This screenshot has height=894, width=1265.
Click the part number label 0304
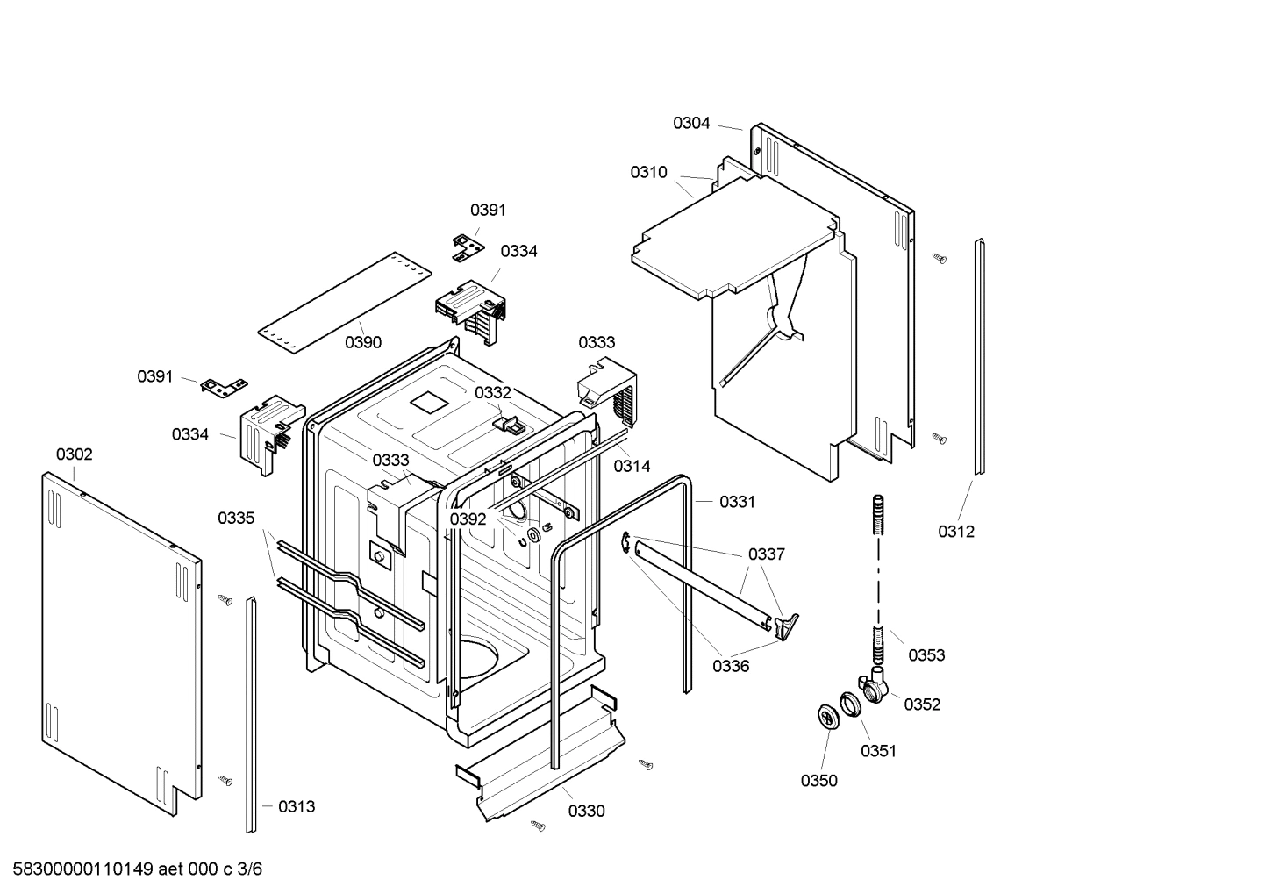(x=691, y=124)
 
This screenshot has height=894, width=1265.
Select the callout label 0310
(x=648, y=173)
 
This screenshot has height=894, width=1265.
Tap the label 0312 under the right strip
(x=955, y=532)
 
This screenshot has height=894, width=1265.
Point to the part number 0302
(x=74, y=454)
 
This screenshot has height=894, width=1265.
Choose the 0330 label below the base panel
(x=586, y=812)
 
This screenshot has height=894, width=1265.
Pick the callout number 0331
(x=737, y=502)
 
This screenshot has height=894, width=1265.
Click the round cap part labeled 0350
(x=826, y=715)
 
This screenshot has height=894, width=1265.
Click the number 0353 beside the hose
(x=926, y=655)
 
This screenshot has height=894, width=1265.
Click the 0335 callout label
(x=236, y=519)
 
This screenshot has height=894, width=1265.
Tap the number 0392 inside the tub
(x=468, y=519)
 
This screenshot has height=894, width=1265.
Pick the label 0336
(x=731, y=666)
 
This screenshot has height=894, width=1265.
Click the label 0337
(x=766, y=554)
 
